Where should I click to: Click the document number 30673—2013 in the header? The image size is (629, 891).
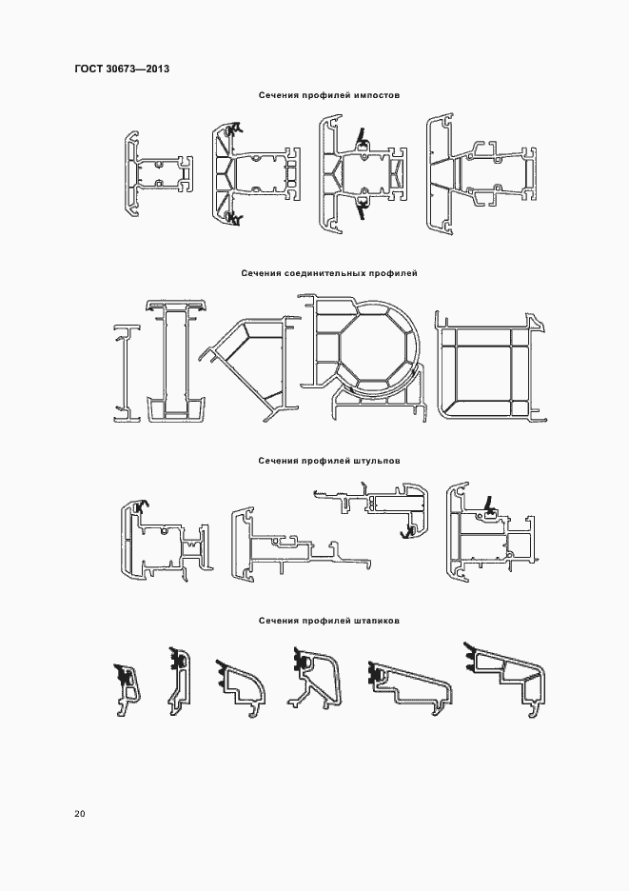click(137, 69)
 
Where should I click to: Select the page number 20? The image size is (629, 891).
click(80, 814)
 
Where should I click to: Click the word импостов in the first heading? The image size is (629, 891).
click(377, 95)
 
